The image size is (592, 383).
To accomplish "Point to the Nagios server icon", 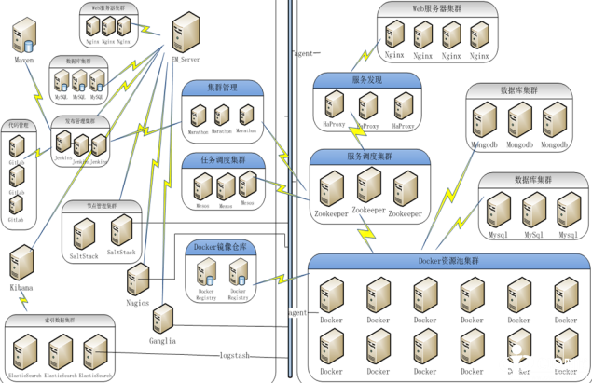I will (x=138, y=277).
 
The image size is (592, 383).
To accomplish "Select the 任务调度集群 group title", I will (x=227, y=160).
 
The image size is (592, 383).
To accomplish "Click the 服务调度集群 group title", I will (x=370, y=156).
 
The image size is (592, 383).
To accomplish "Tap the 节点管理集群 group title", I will (x=101, y=206).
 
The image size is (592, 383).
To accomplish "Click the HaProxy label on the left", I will (x=336, y=125).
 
